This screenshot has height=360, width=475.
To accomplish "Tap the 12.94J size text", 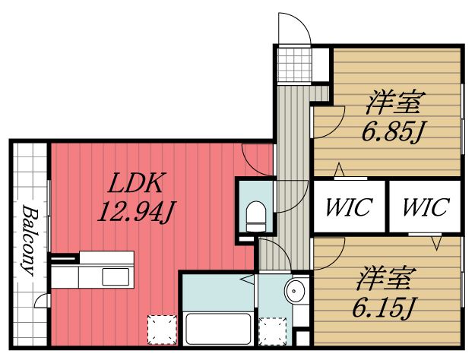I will point(132,209).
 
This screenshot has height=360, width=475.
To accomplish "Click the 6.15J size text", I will point(384,307).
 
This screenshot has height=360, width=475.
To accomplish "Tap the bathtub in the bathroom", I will point(218,327).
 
